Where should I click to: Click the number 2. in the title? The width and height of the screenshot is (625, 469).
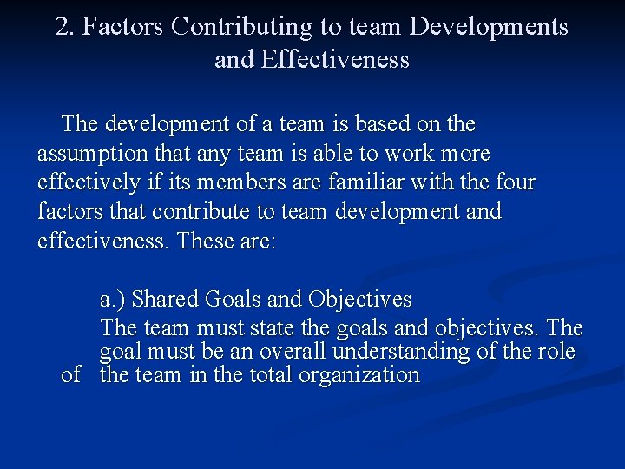tap(65, 27)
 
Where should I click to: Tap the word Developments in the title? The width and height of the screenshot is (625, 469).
tap(489, 27)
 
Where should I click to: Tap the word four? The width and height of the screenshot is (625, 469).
tap(516, 183)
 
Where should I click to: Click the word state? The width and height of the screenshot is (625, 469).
tap(271, 328)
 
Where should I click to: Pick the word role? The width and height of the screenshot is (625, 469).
tap(556, 352)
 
